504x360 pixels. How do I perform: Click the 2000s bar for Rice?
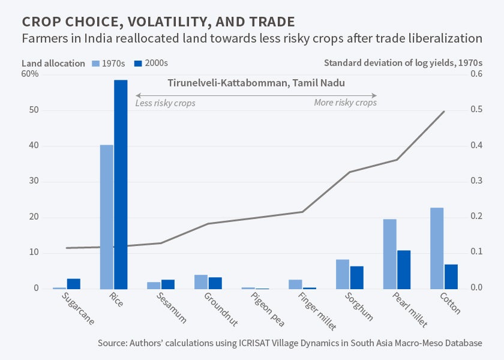(121, 184)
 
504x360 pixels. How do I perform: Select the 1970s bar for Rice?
(106, 217)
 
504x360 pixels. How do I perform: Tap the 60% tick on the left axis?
(30, 74)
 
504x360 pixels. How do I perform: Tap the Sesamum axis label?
(171, 308)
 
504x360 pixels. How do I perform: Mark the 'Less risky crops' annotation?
(165, 103)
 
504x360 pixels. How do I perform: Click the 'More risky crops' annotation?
(345, 103)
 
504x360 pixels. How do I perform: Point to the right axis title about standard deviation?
(403, 63)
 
